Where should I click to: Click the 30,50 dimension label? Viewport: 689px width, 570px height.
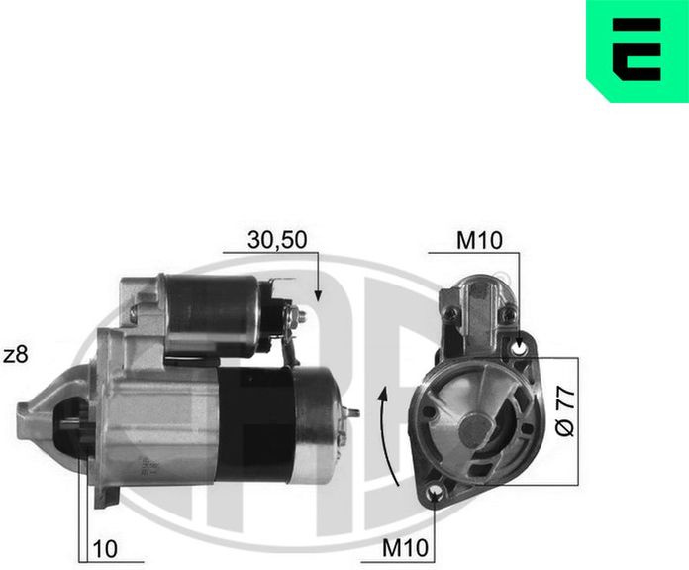coord(277,240)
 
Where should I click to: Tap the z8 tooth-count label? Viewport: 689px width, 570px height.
coord(16,355)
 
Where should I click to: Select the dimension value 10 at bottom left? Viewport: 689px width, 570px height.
coord(105,549)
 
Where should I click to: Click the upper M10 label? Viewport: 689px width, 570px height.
coord(479,241)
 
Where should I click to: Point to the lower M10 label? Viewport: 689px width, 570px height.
coord(405,548)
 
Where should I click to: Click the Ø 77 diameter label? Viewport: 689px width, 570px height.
coord(565,411)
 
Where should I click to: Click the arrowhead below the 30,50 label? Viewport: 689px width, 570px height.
coord(318,295)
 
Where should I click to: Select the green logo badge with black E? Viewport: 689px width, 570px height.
coord(638,51)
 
